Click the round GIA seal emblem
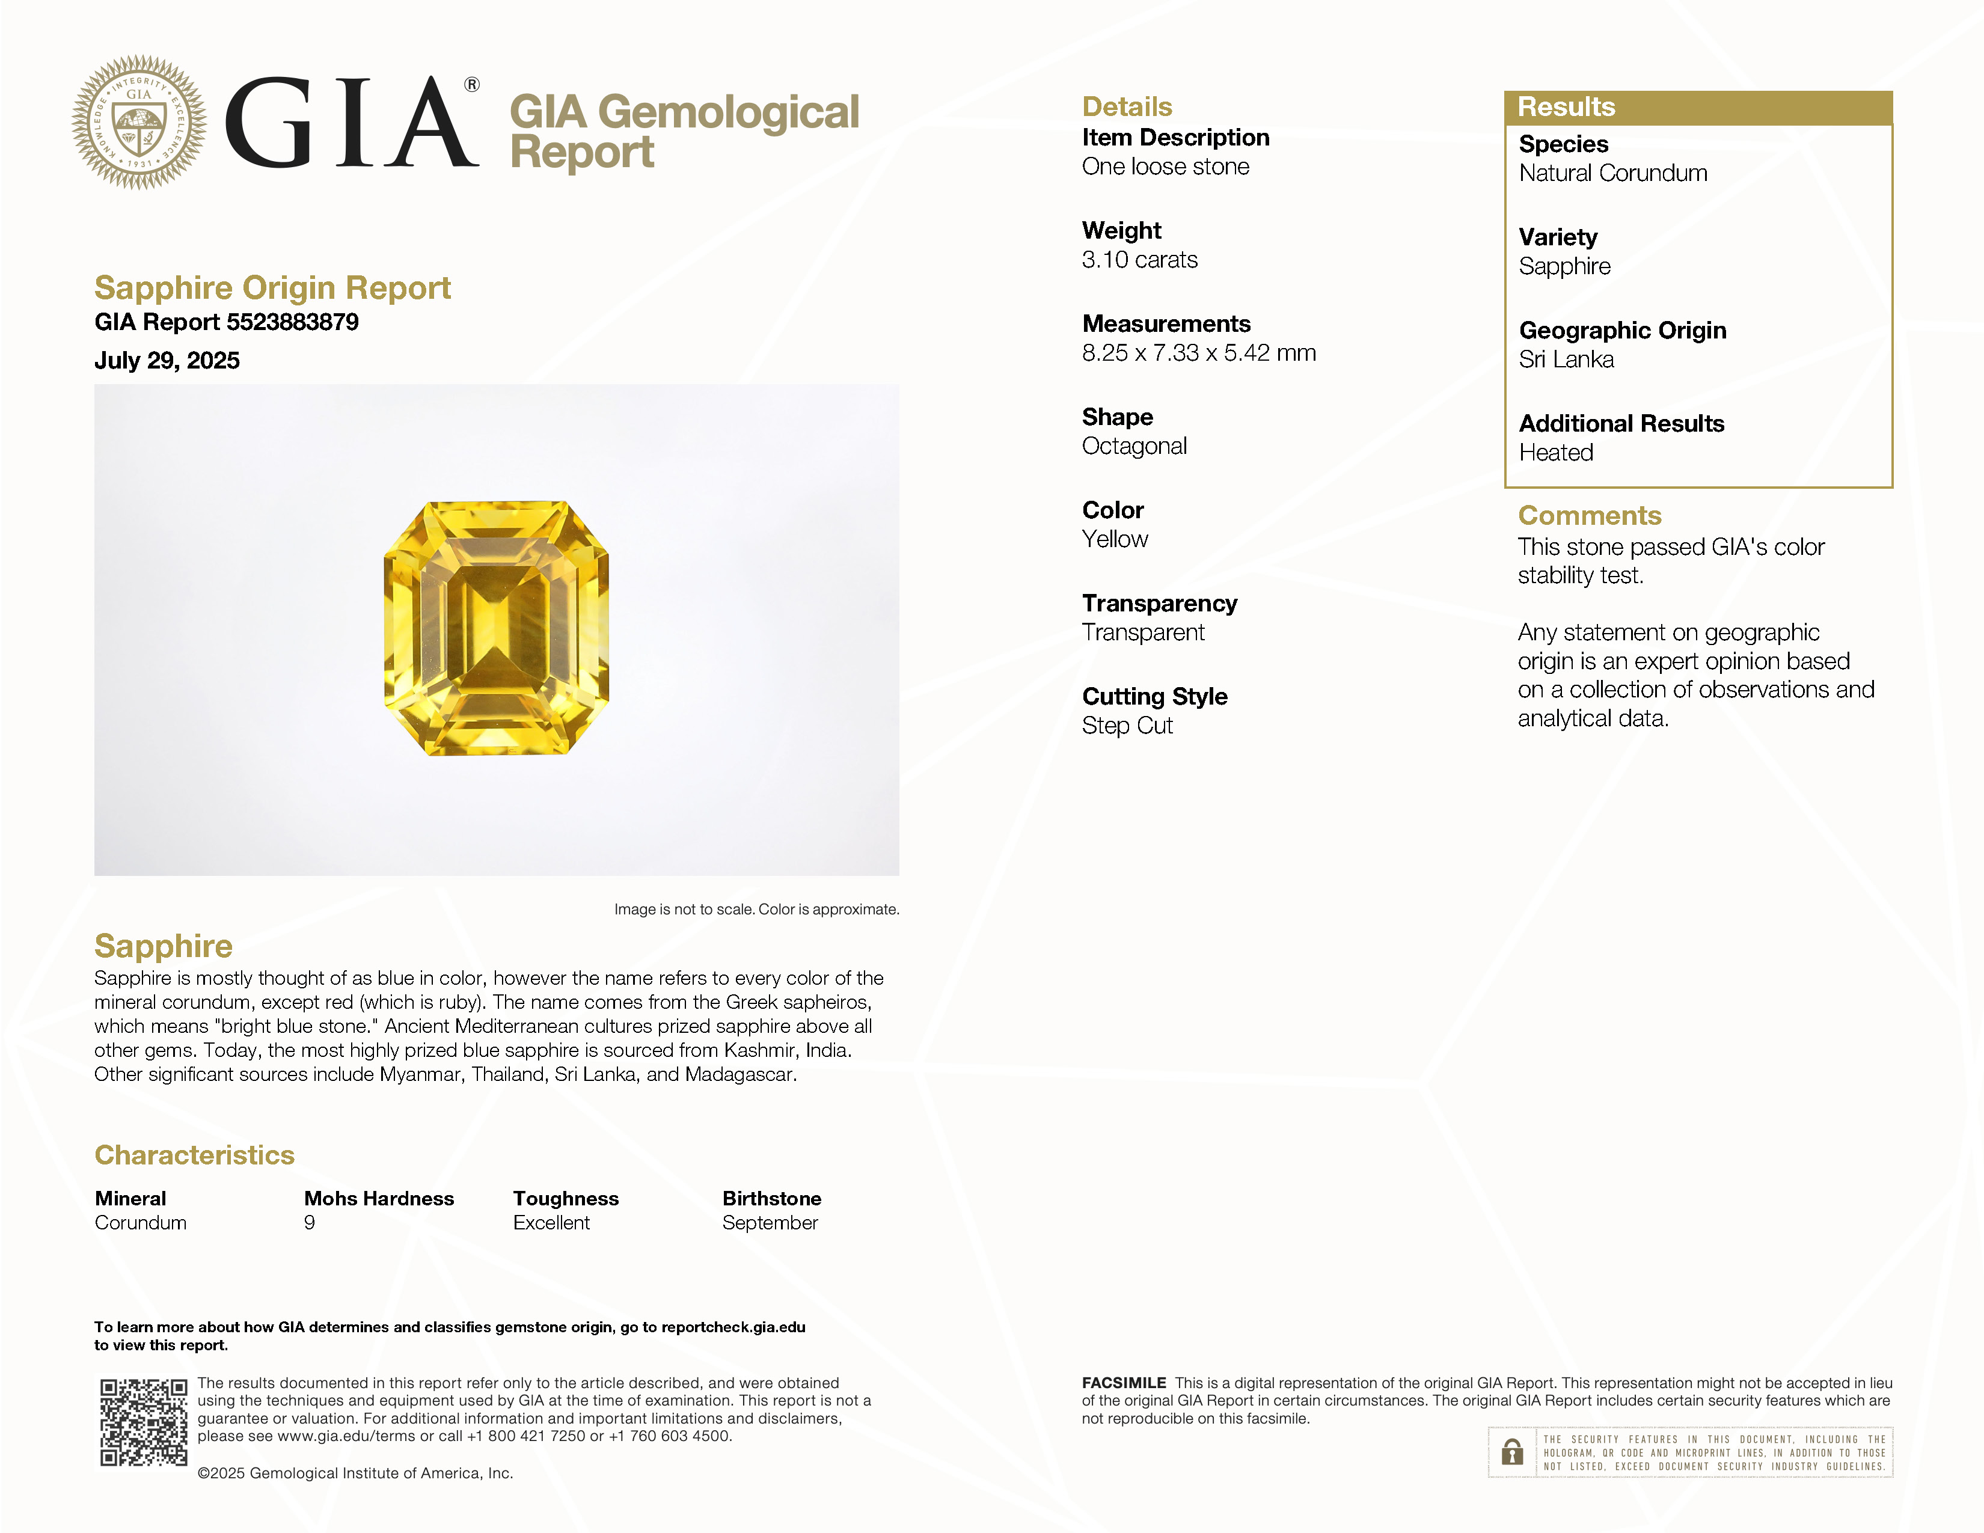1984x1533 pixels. (139, 123)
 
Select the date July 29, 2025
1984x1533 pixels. (167, 361)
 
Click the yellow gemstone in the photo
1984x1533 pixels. (496, 628)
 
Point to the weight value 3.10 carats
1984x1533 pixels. (1139, 260)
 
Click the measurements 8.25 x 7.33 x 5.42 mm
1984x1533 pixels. (1198, 353)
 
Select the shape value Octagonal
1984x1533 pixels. (1134, 446)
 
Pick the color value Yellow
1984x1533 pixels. (1115, 539)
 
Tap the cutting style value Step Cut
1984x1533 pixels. (1127, 726)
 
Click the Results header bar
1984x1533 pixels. (1697, 107)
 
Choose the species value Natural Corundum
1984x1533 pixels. (1612, 174)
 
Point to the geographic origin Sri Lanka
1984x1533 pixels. (1566, 360)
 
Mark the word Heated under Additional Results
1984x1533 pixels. (1555, 452)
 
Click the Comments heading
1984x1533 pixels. (1589, 516)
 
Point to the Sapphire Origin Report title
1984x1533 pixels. (272, 288)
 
